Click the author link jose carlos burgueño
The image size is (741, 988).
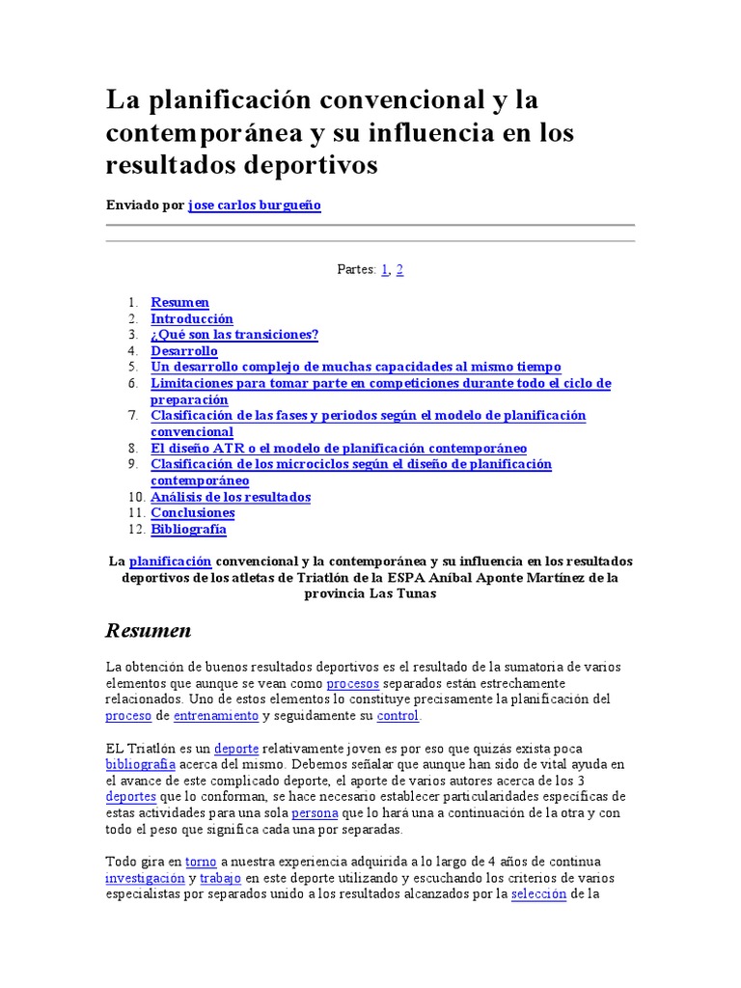pyautogui.click(x=254, y=206)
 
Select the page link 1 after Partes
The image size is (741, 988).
pyautogui.click(x=385, y=269)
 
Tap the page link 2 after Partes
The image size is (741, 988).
pyautogui.click(x=399, y=269)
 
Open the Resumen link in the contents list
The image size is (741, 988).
pyautogui.click(x=179, y=302)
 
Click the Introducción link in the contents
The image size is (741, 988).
pyautogui.click(x=192, y=318)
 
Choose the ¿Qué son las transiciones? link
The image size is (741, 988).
pyautogui.click(x=234, y=335)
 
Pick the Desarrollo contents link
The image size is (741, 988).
pyautogui.click(x=184, y=351)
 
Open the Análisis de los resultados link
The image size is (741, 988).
pyautogui.click(x=231, y=497)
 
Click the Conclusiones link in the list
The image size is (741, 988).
pyautogui.click(x=193, y=512)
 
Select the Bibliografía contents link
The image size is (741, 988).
pyautogui.click(x=188, y=529)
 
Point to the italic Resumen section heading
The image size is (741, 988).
pyautogui.click(x=148, y=631)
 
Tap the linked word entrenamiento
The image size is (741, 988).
pyautogui.click(x=216, y=716)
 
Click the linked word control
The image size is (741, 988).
pyautogui.click(x=398, y=716)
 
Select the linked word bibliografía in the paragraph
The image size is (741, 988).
pyautogui.click(x=140, y=764)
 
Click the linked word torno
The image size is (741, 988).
pyautogui.click(x=201, y=861)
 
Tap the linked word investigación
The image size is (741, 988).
pyautogui.click(x=145, y=878)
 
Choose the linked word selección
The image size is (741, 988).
pyautogui.click(x=539, y=894)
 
